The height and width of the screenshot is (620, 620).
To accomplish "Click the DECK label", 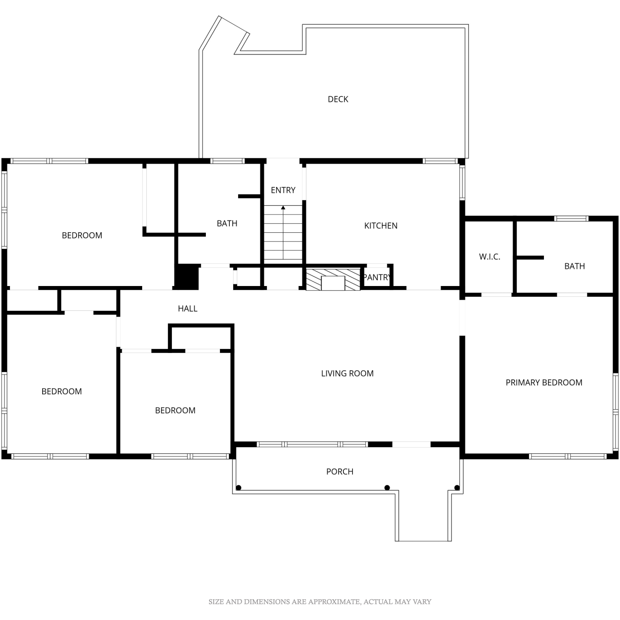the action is click(x=338, y=99).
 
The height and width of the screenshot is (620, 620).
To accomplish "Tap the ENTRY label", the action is click(x=283, y=190).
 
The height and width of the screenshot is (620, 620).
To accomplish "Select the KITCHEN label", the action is click(x=381, y=226).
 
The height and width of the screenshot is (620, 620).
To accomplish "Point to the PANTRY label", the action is click(x=376, y=277).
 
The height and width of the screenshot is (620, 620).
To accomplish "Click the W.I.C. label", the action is click(x=490, y=257).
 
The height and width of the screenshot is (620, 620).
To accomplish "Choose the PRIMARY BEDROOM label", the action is click(x=544, y=383).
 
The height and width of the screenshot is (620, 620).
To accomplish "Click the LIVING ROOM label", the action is click(x=347, y=374).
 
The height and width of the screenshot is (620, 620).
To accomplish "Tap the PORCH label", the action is click(x=340, y=472).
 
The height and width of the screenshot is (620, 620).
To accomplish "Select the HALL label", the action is click(x=188, y=308).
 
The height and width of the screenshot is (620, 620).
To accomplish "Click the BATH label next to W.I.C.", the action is click(x=575, y=266).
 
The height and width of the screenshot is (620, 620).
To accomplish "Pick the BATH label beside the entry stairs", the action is click(x=227, y=224).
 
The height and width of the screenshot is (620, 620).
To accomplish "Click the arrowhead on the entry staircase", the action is click(x=283, y=207).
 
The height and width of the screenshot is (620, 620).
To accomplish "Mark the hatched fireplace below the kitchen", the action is click(x=333, y=279).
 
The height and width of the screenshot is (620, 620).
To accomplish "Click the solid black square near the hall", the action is click(x=187, y=277).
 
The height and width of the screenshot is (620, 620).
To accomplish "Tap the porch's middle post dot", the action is click(x=387, y=488).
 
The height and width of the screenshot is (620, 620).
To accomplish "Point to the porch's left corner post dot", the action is click(x=238, y=488).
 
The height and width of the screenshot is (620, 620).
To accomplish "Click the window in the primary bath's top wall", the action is click(x=571, y=219).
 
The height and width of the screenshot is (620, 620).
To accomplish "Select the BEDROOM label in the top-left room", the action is click(x=82, y=236).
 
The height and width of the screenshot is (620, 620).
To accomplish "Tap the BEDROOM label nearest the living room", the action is click(x=175, y=410).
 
